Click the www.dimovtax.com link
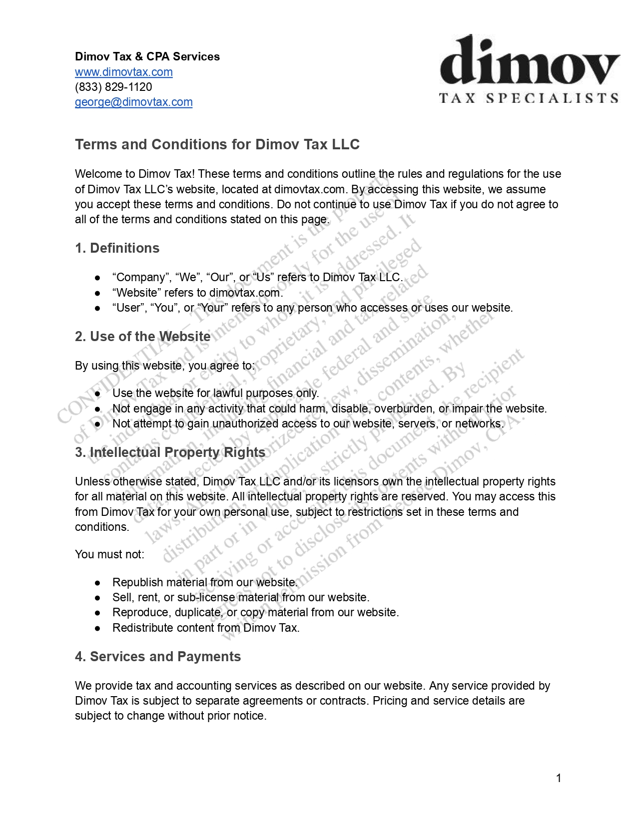[x=123, y=72]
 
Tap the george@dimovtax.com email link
[x=133, y=102]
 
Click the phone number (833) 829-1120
[x=113, y=87]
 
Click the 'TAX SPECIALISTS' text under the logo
[x=529, y=98]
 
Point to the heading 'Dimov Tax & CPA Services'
[x=147, y=56]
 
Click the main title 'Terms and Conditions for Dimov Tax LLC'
[x=217, y=144]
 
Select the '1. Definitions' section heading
[x=117, y=248]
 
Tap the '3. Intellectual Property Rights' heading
[x=170, y=452]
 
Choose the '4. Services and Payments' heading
[x=157, y=657]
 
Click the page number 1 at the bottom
[x=559, y=778]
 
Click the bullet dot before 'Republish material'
[x=98, y=583]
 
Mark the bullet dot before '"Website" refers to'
[x=98, y=293]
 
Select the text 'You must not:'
[x=109, y=554]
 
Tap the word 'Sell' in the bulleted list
[x=121, y=597]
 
